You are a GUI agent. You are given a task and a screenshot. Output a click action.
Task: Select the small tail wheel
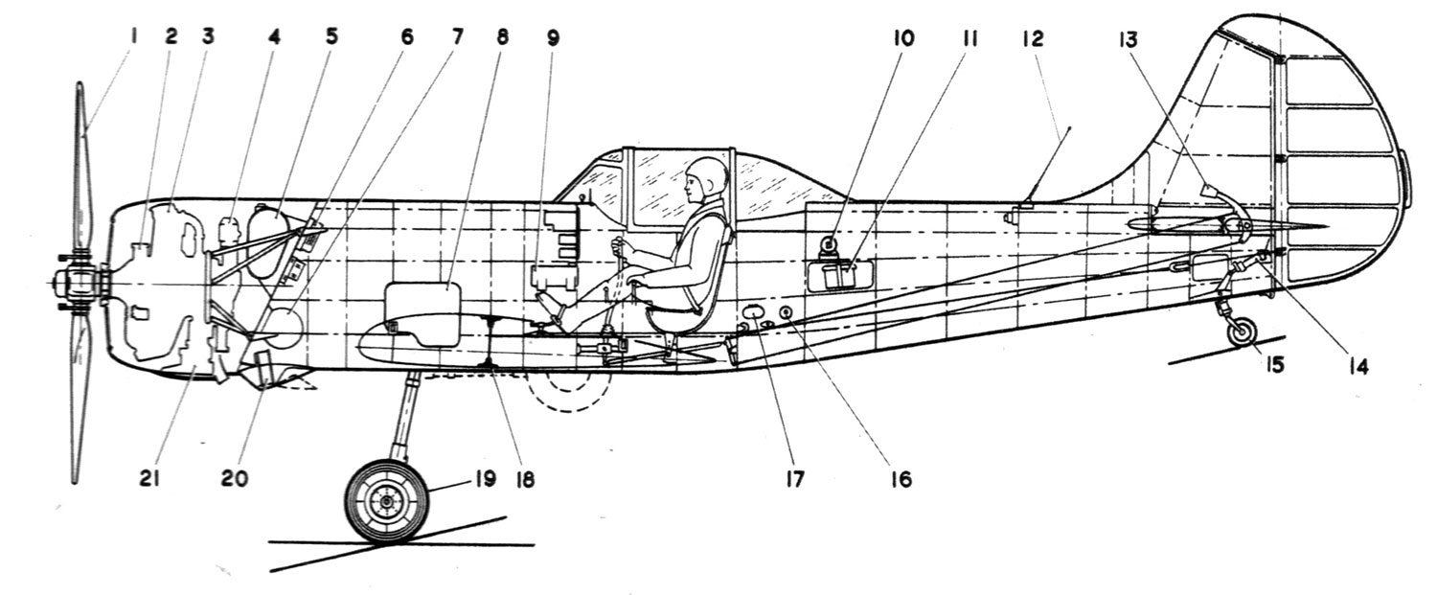click(x=1242, y=332)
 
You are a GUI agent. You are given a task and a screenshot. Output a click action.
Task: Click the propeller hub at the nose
click(x=75, y=285)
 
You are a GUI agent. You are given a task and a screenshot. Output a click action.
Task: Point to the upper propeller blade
click(x=83, y=163)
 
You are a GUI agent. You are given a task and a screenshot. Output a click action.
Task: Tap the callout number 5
click(x=331, y=38)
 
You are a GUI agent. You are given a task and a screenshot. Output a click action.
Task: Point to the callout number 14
click(x=1357, y=365)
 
